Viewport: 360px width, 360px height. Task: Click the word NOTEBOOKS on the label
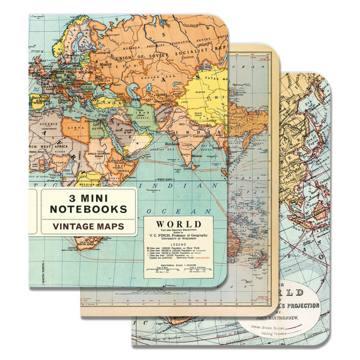click(x=88, y=209)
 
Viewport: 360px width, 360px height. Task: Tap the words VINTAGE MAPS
click(x=88, y=227)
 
